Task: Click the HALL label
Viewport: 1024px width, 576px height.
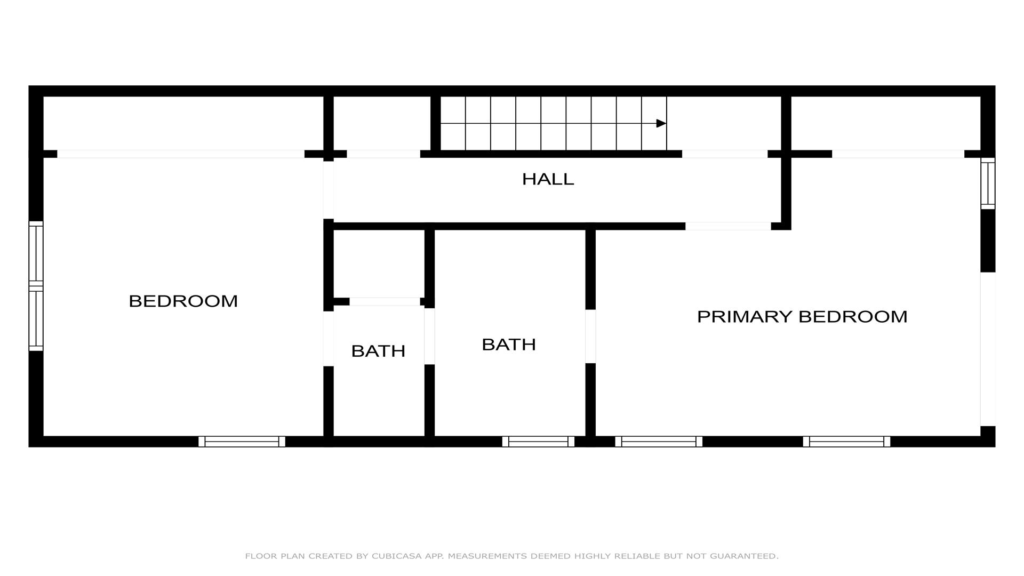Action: [548, 179]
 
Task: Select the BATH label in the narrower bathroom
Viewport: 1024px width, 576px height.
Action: [378, 351]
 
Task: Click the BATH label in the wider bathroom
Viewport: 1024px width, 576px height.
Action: [509, 345]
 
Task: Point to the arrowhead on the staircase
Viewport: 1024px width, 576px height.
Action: [661, 123]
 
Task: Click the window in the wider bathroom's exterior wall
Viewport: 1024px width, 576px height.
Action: [538, 442]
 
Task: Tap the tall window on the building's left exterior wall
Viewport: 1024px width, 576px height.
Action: [36, 286]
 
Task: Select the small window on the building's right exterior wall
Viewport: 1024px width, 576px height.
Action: [988, 183]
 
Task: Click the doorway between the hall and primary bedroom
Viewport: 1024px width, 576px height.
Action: [728, 226]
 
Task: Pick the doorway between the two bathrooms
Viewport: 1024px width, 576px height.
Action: [429, 336]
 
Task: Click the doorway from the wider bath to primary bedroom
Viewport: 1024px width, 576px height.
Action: [590, 336]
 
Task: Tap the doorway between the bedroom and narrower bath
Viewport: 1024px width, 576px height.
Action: [329, 339]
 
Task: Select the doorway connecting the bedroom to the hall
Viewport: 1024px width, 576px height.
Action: [329, 190]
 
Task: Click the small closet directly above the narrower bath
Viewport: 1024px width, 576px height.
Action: [379, 264]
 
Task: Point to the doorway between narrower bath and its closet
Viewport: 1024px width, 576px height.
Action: [385, 301]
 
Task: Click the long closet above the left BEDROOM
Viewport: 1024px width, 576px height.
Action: [183, 124]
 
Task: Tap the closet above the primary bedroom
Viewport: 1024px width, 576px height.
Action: [886, 124]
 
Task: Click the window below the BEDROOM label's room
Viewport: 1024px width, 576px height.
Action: [242, 442]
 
